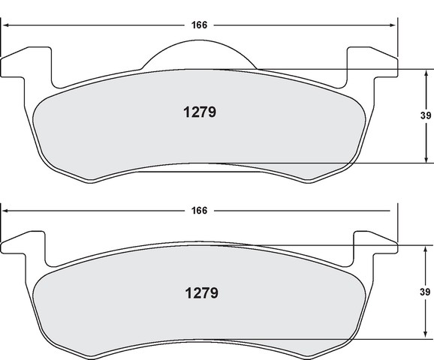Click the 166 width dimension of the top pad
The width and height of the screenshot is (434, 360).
pos(199,25)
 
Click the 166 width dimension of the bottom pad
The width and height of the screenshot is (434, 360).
pos(199,211)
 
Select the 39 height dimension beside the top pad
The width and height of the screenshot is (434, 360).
pos(426,115)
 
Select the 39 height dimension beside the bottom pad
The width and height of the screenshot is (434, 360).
pos(425,292)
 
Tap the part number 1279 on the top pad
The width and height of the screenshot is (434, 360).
pos(200,112)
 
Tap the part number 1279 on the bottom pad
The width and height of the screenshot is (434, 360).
pos(201,293)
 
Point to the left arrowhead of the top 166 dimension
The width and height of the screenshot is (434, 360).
pos(5,25)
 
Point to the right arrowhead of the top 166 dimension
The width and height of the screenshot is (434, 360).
pos(393,25)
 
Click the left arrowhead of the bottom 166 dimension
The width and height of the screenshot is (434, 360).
pos(5,211)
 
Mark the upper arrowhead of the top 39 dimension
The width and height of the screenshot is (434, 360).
pos(426,73)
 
